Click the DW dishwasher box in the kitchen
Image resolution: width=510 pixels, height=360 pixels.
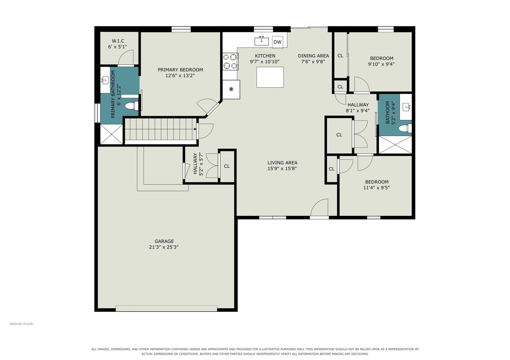point(277,42)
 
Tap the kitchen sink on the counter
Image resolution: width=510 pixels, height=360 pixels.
point(261,41)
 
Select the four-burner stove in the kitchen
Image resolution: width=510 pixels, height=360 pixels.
point(230,61)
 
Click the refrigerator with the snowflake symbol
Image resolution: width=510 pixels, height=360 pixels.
point(231,90)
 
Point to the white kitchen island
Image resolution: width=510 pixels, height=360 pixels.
point(270,77)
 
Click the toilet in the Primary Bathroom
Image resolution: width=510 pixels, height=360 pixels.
point(132,106)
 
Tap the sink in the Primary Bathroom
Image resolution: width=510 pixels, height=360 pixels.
point(105,80)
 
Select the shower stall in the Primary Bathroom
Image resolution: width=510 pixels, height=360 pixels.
point(112,134)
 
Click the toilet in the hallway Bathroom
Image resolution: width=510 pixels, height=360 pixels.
point(405,128)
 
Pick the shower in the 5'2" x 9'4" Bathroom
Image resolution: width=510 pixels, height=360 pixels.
point(395,145)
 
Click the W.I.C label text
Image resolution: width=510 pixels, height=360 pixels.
point(118,41)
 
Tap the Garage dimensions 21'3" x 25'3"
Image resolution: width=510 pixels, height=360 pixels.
point(164,247)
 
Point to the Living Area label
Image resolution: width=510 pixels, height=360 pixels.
point(282,163)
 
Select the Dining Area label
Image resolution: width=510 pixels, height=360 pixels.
point(313,56)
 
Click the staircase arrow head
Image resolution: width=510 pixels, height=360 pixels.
point(195,129)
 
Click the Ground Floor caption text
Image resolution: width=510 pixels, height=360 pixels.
point(21,324)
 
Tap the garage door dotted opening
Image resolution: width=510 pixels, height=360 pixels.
point(167,308)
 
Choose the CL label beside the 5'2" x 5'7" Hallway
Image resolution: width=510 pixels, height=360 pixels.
point(227,166)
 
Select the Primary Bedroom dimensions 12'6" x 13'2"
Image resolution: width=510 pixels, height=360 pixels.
point(180,76)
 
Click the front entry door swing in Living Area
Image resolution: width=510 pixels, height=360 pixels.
point(320,207)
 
